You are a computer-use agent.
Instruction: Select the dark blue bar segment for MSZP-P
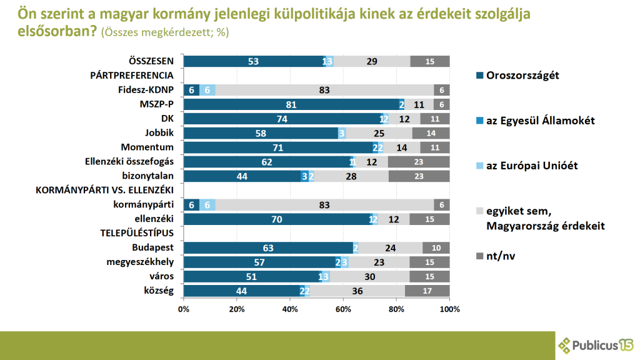coord(291,104)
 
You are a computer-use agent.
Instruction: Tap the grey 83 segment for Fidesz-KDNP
coord(324,90)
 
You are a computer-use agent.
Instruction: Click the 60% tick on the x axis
coord(343,309)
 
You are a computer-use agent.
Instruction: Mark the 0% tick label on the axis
coord(184,309)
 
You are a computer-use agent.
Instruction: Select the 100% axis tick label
coord(449,309)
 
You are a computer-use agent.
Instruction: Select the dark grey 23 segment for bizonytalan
coord(419,176)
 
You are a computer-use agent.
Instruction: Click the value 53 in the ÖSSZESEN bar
coord(253,61)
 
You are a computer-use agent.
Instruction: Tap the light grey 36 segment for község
coord(357,291)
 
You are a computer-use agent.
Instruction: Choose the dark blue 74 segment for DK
coord(282,119)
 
